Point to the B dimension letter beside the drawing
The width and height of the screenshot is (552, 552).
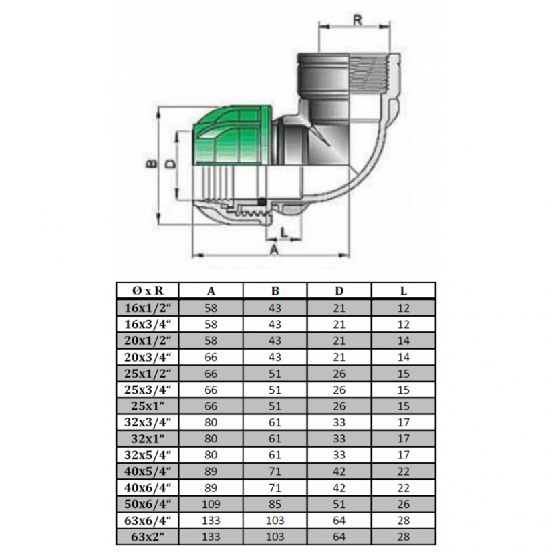tap(152, 163)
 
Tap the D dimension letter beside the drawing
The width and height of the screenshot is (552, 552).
tap(170, 164)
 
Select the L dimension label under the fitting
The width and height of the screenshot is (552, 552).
tap(284, 232)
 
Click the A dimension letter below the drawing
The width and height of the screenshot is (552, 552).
tap(274, 249)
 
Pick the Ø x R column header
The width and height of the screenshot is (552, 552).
tap(148, 291)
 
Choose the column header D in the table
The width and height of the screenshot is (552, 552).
tap(339, 291)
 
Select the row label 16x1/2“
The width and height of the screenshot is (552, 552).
tap(148, 308)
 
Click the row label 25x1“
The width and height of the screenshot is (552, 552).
tap(148, 406)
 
